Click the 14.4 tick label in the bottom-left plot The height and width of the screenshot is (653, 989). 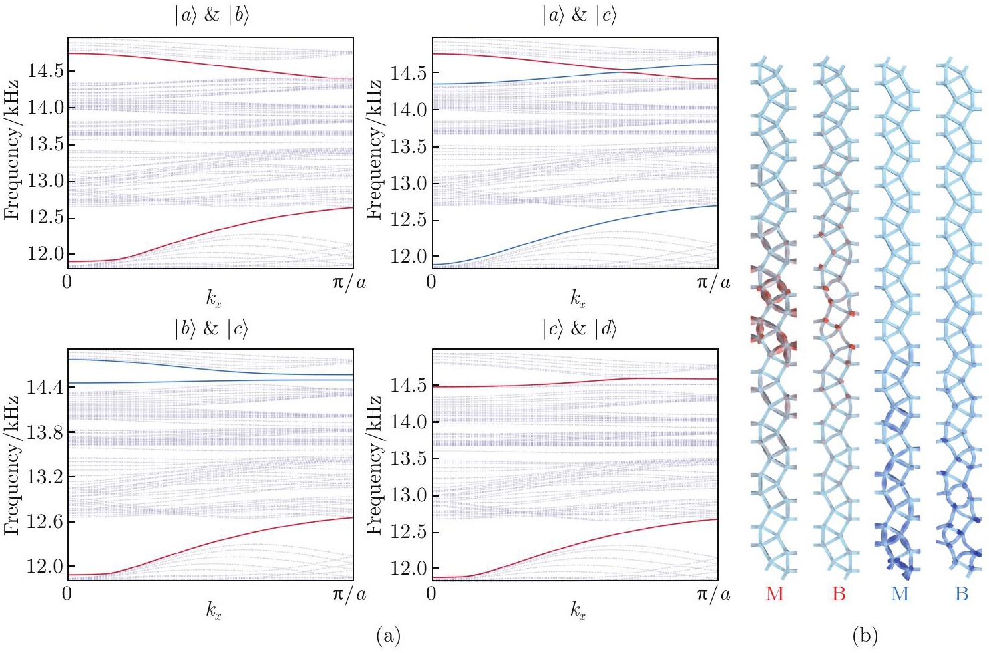tap(44, 387)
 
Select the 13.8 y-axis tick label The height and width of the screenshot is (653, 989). tap(44, 432)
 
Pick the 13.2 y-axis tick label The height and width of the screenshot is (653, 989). tap(44, 477)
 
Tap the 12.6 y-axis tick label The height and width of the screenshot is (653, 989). tap(44, 521)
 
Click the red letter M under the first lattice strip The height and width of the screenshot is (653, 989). tap(775, 594)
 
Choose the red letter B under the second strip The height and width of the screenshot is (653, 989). tap(839, 594)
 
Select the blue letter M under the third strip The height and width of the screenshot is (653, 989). tap(900, 594)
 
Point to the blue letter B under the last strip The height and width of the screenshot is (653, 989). tap(961, 594)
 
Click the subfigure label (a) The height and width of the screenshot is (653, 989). tap(389, 636)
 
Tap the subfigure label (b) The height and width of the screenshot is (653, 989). tap(865, 636)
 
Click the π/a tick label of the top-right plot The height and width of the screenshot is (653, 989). tap(713, 283)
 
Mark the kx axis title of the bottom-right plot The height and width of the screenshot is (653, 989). tap(578, 610)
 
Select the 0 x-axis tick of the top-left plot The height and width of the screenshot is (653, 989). tap(67, 282)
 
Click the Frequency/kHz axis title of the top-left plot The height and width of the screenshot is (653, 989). tap(11, 150)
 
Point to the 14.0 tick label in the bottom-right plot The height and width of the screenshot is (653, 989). tap(407, 422)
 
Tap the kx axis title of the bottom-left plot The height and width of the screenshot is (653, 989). tap(213, 610)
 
